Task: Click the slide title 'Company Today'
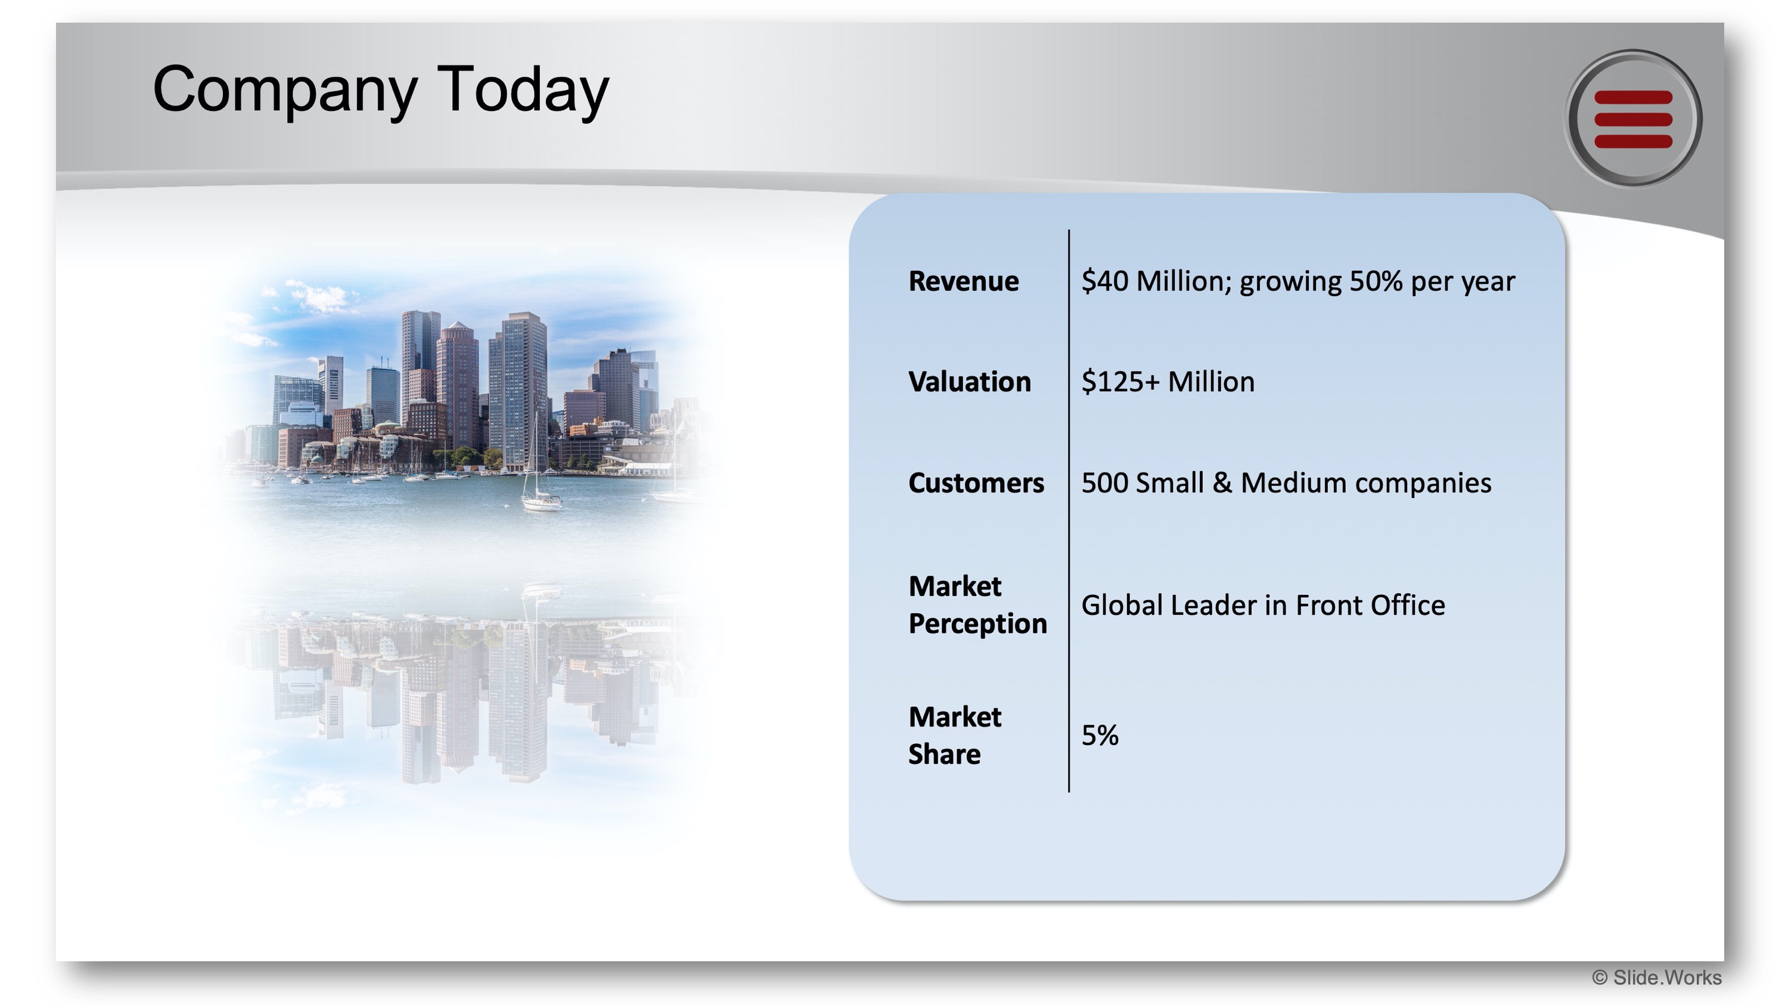tap(380, 90)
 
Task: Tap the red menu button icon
tap(1633, 119)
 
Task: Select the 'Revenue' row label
tap(963, 281)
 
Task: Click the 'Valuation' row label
tap(970, 382)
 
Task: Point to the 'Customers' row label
tap(976, 483)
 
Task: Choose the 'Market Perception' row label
tap(977, 605)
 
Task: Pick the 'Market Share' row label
tap(955, 735)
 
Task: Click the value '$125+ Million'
tap(1168, 382)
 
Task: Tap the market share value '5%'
tap(1100, 735)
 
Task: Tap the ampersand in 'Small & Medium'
tap(1222, 483)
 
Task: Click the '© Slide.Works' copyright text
tap(1656, 977)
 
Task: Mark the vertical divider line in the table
tap(1069, 510)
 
